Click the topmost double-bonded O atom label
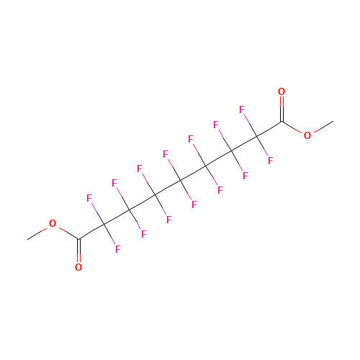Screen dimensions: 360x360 282,91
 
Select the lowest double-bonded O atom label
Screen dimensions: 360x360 78,267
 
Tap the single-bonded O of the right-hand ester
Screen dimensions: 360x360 307,135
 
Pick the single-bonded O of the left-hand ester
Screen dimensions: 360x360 53,223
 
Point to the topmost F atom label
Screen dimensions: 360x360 242,109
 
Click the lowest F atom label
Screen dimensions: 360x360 118,249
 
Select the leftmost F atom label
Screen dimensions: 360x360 89,198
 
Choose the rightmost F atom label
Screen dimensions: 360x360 271,161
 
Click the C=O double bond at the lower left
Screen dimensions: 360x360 78,250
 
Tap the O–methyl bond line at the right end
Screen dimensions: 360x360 323,126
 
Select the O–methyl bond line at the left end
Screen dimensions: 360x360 37,234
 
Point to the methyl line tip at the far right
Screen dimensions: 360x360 333,121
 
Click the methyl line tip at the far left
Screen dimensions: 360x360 27,239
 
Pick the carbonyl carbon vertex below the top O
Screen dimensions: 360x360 282,122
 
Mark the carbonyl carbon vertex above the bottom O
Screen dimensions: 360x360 78,238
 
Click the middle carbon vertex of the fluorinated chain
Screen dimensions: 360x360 180,181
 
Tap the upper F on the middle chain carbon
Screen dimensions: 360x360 166,154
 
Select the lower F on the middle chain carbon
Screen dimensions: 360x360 194,204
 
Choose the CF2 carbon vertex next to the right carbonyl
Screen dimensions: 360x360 256,137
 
